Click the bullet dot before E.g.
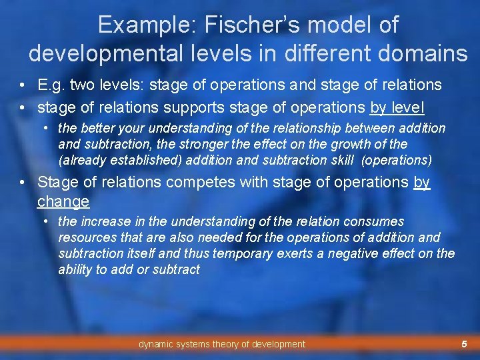coord(23,85)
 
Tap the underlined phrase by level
coord(397,107)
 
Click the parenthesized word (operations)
coord(399,160)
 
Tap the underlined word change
coord(63,201)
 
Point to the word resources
coord(84,237)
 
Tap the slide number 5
coord(464,344)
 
